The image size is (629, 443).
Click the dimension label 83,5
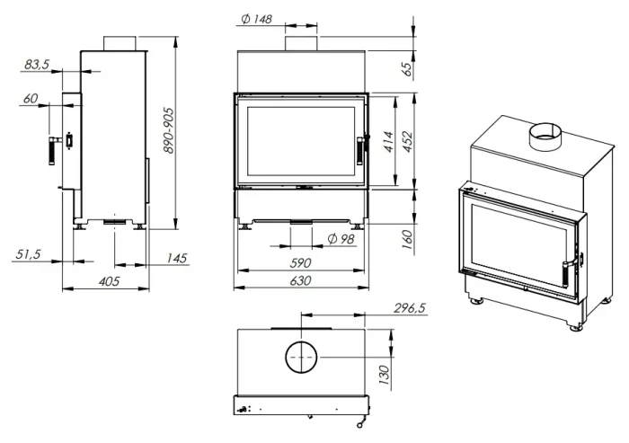37,65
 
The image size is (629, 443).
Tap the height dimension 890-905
168,133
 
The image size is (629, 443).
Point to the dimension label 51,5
29,254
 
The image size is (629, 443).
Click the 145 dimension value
176,259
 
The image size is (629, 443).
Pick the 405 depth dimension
109,282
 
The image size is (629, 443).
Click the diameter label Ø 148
258,20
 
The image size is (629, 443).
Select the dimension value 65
406,68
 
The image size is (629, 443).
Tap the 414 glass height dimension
389,142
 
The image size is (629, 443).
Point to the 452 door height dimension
406,142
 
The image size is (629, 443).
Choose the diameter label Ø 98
341,238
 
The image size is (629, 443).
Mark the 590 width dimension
300,263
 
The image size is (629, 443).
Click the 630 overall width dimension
300,281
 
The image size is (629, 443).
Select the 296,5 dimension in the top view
410,308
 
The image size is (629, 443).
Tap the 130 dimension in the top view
384,371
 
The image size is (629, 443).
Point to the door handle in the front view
360,149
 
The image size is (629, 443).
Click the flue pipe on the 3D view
545,137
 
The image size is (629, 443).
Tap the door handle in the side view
51,148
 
